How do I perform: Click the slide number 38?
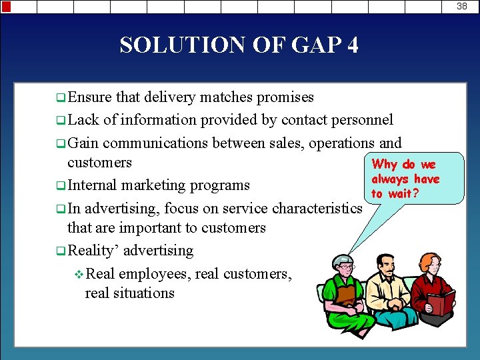[x=462, y=6]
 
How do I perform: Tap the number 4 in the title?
[x=352, y=45]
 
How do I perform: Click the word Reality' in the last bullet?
[x=93, y=251]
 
